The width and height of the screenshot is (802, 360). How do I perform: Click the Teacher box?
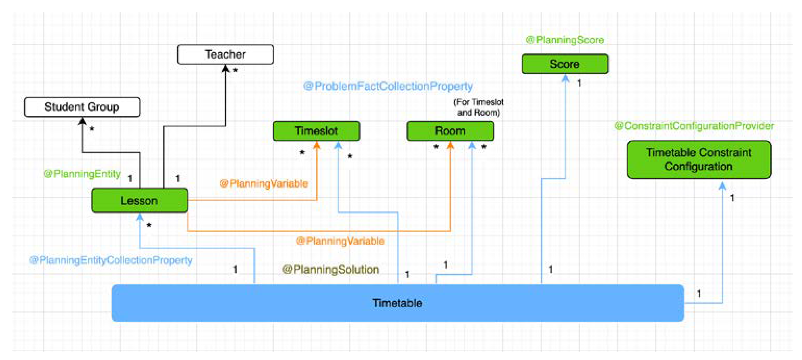225,54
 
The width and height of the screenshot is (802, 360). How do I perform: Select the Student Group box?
82,107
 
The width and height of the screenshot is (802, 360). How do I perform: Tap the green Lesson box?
139,201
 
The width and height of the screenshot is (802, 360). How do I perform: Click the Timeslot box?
316,131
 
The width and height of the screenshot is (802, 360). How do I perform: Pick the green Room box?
450,131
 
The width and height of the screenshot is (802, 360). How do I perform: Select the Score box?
565,64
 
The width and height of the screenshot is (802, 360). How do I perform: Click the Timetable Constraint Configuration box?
699,159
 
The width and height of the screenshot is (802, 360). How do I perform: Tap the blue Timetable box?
397,303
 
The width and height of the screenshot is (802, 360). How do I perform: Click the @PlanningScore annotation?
565,40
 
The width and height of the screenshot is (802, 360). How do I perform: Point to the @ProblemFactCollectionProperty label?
388,86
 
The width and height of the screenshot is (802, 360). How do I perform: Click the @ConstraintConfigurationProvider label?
694,126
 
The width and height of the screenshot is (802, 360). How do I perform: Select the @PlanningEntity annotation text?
82,174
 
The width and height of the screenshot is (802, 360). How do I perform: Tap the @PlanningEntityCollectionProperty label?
111,260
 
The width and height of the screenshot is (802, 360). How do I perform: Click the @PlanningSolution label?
331,269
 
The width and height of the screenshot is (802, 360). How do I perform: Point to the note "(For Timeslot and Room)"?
478,107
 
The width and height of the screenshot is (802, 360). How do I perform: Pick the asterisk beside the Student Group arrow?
92,129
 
